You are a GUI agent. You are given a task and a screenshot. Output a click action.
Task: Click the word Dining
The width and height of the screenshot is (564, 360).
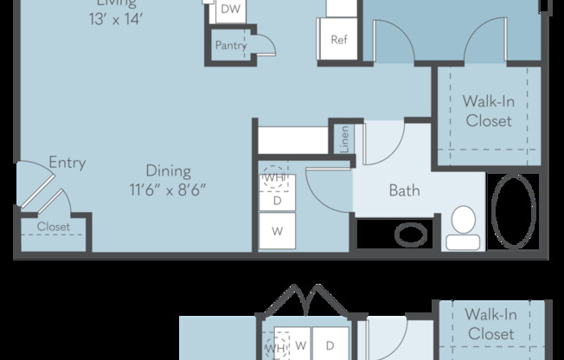coord(168,171)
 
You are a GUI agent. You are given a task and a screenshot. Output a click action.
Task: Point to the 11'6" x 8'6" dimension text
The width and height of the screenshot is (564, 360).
coord(168,189)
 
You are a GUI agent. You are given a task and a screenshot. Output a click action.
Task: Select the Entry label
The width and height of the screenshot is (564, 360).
coord(67,163)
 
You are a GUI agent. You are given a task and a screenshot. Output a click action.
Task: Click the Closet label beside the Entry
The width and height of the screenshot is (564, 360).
coord(53,227)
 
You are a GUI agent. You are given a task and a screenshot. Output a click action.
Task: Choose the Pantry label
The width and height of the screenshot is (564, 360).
coord(231,45)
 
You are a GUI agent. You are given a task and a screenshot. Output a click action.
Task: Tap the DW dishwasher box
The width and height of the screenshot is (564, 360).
coord(229,10)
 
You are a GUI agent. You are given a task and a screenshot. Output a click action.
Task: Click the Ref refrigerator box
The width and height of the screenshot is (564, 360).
coord(339,39)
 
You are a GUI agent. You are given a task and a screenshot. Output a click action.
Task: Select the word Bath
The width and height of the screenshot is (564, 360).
coord(404,190)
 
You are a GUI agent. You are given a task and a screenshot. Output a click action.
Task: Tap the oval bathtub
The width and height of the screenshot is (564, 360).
coord(516,210)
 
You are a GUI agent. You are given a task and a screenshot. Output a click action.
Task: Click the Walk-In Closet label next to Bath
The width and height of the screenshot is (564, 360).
coord(488,112)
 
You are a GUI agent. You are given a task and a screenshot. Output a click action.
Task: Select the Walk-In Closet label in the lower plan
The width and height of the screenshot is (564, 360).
coord(490,324)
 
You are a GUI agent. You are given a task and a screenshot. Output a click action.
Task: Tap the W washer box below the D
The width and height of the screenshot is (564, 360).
coord(278,231)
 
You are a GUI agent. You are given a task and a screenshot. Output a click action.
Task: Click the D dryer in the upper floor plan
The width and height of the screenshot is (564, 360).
coord(278,199)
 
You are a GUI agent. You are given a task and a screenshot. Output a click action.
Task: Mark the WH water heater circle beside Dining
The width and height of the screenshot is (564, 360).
coord(276,177)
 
